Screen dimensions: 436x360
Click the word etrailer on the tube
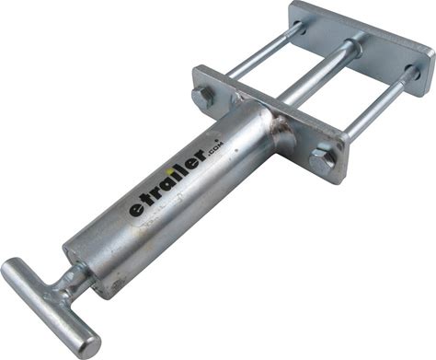(168, 183)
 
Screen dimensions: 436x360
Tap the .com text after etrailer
(216, 150)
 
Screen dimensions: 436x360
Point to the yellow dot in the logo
(167, 169)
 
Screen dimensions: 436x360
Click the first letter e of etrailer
(135, 210)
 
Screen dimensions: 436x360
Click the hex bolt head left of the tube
(203, 97)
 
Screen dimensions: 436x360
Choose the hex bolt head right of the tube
(321, 159)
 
